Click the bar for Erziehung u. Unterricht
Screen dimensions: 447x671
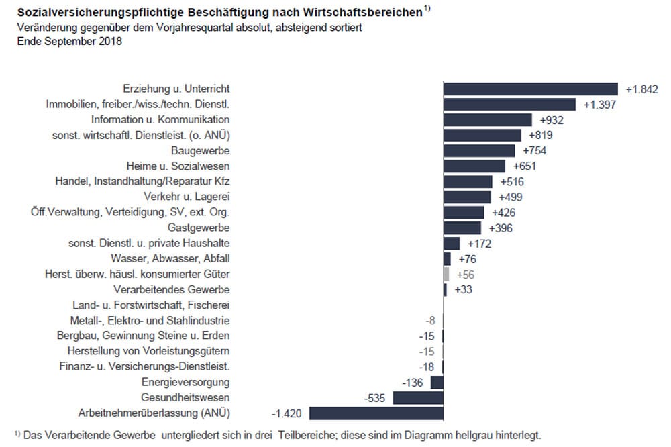point(530,89)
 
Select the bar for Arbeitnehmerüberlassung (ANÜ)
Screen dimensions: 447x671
point(376,413)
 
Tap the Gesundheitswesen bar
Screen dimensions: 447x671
point(418,397)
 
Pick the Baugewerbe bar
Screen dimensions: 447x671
point(479,150)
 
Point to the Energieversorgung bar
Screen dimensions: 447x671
point(437,382)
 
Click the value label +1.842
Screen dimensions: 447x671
point(642,89)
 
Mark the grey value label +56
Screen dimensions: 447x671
point(465,275)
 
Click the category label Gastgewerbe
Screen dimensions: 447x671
point(201,228)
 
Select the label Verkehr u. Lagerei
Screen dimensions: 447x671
point(187,197)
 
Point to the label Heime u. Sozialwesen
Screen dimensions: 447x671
point(178,166)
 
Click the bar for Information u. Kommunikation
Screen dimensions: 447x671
point(488,119)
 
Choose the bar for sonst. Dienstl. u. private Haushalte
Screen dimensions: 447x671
point(452,243)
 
